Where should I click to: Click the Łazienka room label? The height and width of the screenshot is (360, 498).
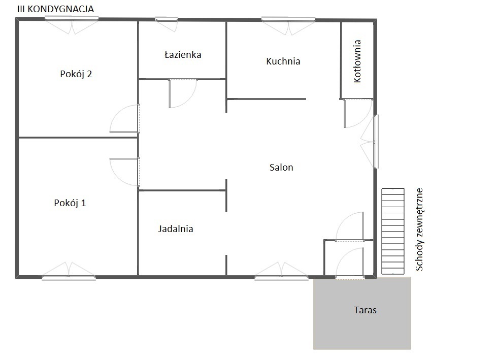coord(183,55)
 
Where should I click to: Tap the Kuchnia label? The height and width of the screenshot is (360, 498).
coord(283,61)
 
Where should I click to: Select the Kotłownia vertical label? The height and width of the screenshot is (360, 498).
coord(357,61)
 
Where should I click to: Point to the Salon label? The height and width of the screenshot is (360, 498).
coord(281,167)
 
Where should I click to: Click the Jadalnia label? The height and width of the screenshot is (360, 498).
coord(176,229)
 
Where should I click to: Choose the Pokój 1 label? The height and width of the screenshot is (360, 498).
coord(70,203)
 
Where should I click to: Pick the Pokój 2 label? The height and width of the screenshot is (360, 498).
coord(76,74)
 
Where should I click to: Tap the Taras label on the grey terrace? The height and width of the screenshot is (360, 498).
coord(365,310)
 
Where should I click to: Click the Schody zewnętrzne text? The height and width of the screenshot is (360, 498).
coord(419,230)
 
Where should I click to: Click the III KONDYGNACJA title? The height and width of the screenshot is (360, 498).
coord(55,9)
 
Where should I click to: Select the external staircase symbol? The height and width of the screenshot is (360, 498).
coord(393,232)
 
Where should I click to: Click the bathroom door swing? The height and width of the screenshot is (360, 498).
coord(183,94)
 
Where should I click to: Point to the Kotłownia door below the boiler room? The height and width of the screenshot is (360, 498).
coord(358,113)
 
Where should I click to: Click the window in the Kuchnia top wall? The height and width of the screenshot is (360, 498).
coord(288,26)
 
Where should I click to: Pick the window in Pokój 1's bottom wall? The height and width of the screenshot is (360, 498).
coord(69,271)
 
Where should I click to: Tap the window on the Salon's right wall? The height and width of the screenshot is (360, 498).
coord(370,141)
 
